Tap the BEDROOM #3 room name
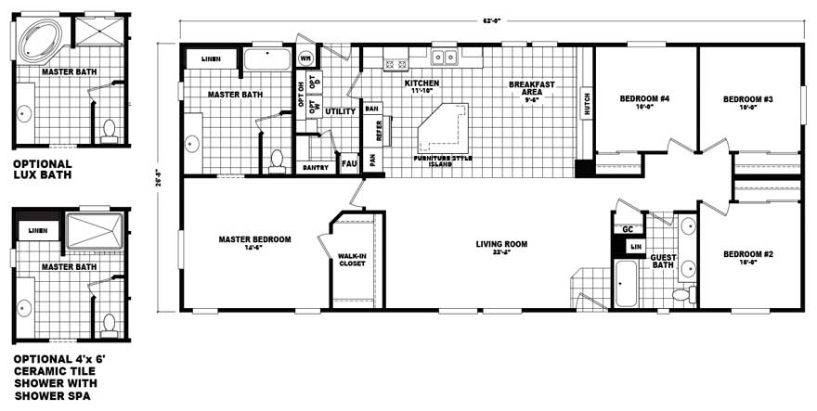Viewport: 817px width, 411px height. tap(748, 98)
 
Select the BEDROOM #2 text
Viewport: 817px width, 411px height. tap(748, 253)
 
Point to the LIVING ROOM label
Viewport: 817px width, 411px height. tap(501, 244)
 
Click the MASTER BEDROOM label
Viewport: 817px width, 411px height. tap(254, 239)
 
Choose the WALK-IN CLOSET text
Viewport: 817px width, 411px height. tap(352, 259)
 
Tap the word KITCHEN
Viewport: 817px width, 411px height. tap(421, 83)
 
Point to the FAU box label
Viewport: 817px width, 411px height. tap(349, 163)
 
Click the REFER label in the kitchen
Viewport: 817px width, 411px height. tap(379, 131)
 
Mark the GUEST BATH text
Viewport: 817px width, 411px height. tap(663, 261)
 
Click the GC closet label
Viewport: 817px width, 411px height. tap(628, 229)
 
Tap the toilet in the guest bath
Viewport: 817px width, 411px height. tap(682, 294)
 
